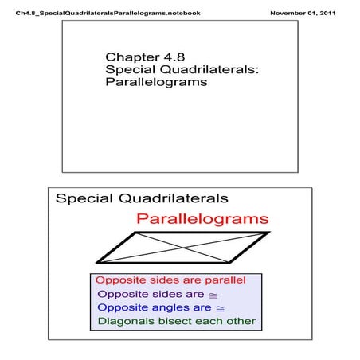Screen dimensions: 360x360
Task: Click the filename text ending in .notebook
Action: coord(103,14)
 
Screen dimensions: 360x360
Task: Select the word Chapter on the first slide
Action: coord(131,57)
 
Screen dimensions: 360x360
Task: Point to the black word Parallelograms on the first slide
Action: coord(155,82)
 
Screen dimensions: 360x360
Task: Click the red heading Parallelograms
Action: coord(202,218)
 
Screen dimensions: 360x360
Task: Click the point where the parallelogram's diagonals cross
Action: coord(182,247)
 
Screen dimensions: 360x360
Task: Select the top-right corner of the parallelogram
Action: coord(268,233)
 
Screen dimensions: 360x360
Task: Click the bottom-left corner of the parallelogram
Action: coord(96,262)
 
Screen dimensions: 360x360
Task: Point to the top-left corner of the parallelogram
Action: coord(136,233)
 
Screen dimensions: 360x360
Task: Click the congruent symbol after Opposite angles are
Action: coord(221,308)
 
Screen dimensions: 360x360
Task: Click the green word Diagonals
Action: coord(125,322)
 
